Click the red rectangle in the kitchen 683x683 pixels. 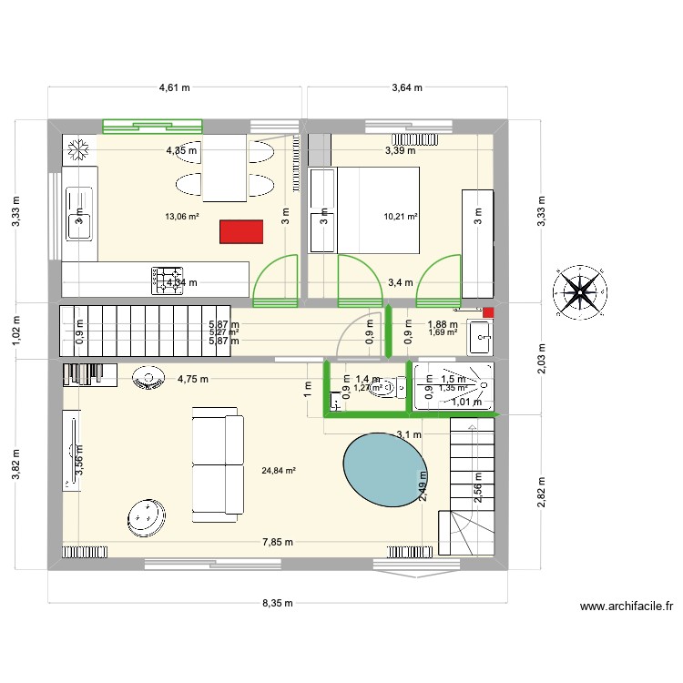coord(241,231)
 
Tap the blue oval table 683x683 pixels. coord(384,468)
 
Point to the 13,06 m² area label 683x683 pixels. coord(181,216)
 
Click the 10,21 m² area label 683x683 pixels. coord(401,217)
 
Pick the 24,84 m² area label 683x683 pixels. coord(279,471)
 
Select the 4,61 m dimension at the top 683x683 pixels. coord(174,88)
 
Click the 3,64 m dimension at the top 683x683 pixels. coord(406,88)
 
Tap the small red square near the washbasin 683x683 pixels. coord(488,312)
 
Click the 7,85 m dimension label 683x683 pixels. coord(278,542)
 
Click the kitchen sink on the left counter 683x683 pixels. coord(77,214)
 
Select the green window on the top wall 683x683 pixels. coord(152,127)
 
